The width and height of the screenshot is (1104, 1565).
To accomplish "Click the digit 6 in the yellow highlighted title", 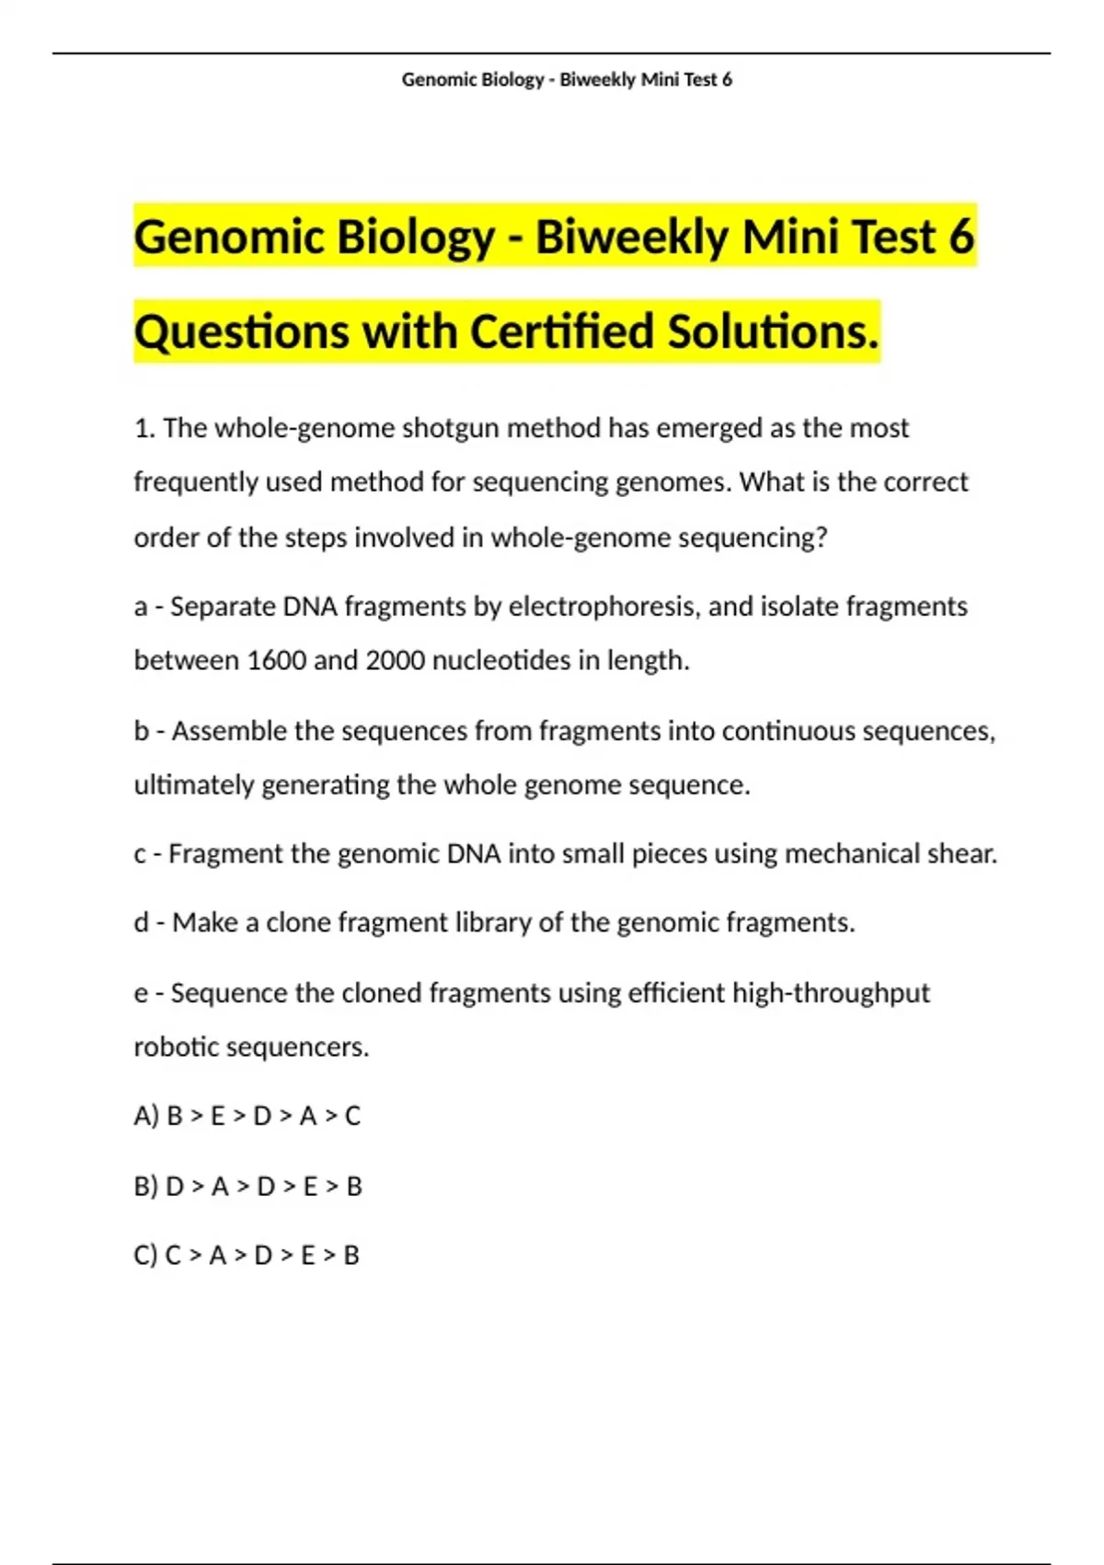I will (x=960, y=237).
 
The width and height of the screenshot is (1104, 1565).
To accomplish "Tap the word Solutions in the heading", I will (x=773, y=331).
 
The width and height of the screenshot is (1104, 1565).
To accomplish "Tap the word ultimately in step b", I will (x=194, y=785).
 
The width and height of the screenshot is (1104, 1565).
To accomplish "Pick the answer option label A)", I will (x=146, y=1117).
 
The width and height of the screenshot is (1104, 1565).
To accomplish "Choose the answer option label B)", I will (x=146, y=1187).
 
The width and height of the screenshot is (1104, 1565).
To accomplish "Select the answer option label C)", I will (x=145, y=1256).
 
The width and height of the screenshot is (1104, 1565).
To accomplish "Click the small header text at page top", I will (x=567, y=80).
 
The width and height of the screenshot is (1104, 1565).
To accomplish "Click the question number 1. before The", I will (x=144, y=429).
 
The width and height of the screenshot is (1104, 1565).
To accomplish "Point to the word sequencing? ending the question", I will (x=753, y=538).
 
